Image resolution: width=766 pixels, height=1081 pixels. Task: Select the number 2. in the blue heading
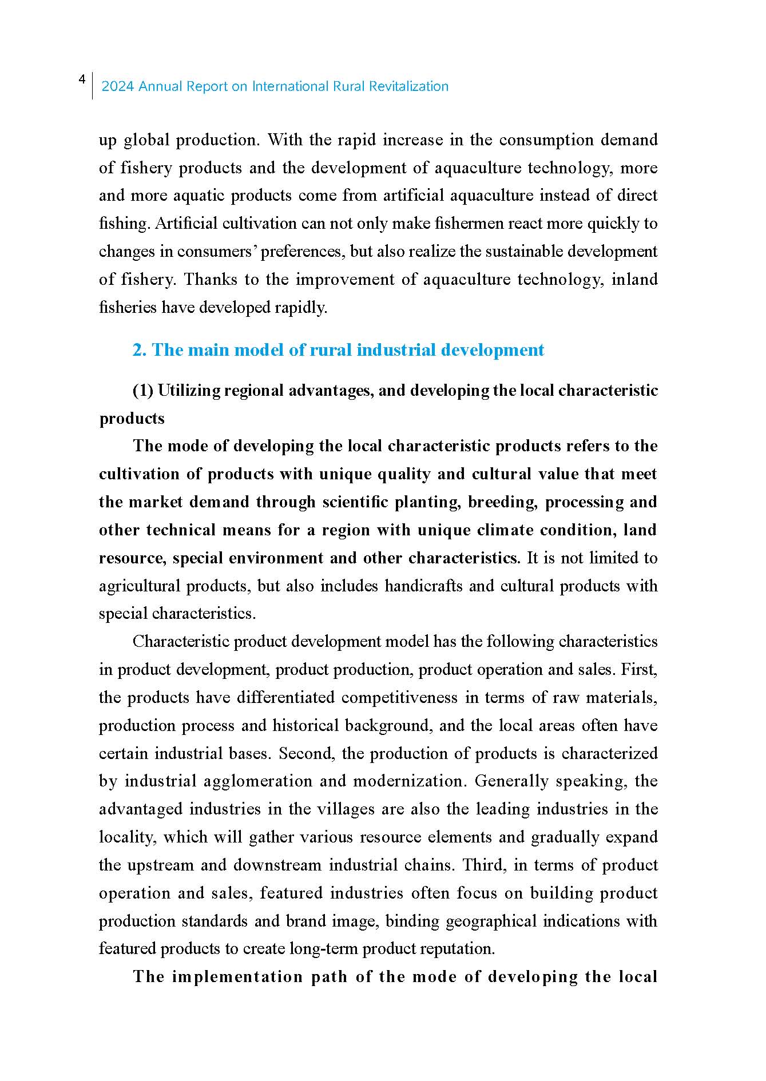(140, 350)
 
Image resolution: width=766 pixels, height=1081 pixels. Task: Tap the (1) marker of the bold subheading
(142, 391)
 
